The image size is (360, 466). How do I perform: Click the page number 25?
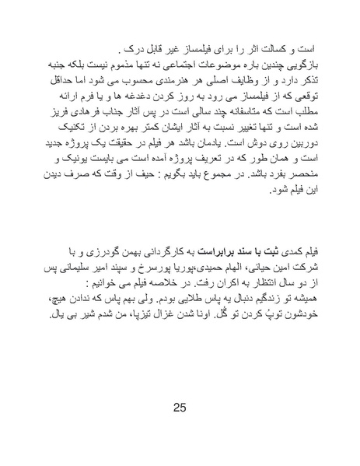tap(180, 408)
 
